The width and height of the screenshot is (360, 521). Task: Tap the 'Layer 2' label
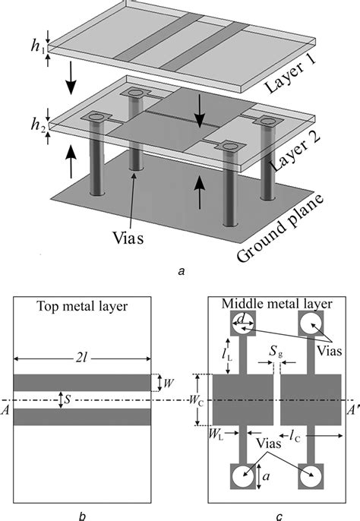click(x=295, y=153)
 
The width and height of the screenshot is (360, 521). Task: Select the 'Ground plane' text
click(x=280, y=229)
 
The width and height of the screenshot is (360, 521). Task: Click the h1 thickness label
click(x=37, y=46)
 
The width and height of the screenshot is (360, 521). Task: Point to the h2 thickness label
click(x=37, y=125)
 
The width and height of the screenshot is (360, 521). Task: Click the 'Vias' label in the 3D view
click(x=128, y=238)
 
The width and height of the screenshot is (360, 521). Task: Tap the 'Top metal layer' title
click(x=82, y=306)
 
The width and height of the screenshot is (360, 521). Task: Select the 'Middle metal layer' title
click(x=277, y=304)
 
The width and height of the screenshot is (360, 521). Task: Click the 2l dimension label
click(x=82, y=358)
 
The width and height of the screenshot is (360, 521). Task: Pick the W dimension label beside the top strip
click(x=169, y=383)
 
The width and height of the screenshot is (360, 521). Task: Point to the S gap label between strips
click(x=68, y=399)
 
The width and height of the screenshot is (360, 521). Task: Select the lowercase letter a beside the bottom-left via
click(x=266, y=476)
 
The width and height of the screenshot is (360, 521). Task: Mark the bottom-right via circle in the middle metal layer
click(x=311, y=476)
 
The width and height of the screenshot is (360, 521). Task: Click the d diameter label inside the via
click(x=243, y=319)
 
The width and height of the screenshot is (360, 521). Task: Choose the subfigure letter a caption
click(x=182, y=271)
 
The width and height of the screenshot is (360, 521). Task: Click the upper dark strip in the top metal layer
click(x=82, y=383)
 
